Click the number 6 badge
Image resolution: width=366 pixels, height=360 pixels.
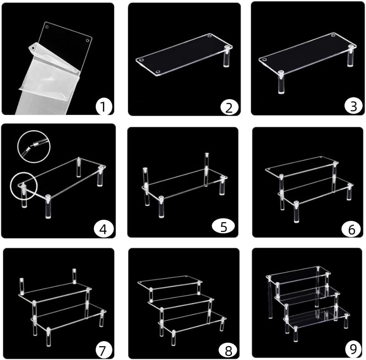(351, 228)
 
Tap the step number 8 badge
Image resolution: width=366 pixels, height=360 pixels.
(228, 350)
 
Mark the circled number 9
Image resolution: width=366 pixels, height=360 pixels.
(353, 349)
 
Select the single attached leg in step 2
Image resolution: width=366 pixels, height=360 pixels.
(227, 56)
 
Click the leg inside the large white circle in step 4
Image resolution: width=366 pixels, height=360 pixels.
(23, 195)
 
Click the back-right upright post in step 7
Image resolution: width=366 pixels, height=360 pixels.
(74, 277)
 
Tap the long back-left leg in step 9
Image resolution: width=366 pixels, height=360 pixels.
(270, 298)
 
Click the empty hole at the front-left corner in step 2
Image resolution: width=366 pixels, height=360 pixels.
(140, 60)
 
